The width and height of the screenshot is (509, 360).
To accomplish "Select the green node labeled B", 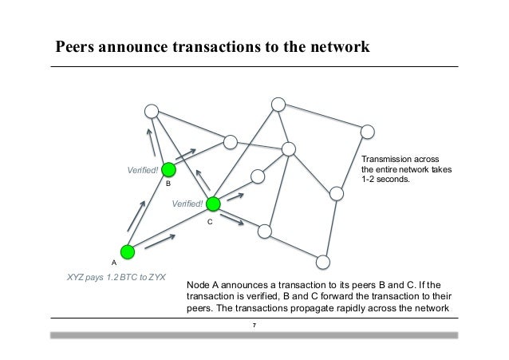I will pyautogui.click(x=168, y=169).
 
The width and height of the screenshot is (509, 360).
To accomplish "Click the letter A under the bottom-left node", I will pyautogui.click(x=114, y=263).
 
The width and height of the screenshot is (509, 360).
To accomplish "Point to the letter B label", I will pyautogui.click(x=168, y=184).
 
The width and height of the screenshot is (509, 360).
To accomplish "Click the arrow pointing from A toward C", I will pyautogui.click(x=163, y=239).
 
